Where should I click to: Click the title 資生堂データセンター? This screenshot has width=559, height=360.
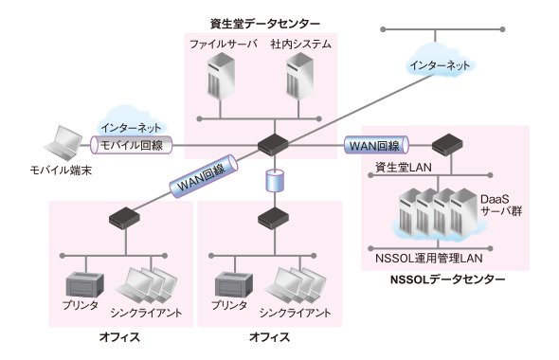click(x=265, y=24)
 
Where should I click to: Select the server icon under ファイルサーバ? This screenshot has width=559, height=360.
click(x=222, y=76)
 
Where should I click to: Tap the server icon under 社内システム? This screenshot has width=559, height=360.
click(x=300, y=76)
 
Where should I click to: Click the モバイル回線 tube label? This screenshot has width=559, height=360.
click(x=132, y=145)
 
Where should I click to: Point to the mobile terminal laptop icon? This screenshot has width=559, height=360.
click(x=63, y=142)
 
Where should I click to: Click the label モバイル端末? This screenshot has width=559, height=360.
click(x=61, y=170)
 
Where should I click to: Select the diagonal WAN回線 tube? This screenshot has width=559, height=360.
click(x=203, y=175)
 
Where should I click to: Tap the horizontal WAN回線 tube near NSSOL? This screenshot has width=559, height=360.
click(x=376, y=145)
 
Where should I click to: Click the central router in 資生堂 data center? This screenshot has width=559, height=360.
click(x=273, y=144)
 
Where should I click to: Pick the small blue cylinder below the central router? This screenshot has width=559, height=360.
click(x=275, y=181)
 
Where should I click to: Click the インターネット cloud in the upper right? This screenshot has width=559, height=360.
click(x=440, y=64)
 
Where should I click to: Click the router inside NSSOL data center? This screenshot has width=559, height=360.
click(x=447, y=144)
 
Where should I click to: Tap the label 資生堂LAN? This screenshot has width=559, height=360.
click(x=404, y=167)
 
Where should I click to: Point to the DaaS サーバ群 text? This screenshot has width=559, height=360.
click(x=501, y=205)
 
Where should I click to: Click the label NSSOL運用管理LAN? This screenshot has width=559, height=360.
click(x=429, y=258)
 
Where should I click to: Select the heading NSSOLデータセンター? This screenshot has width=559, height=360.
click(x=447, y=279)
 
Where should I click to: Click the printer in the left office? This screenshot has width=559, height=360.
click(x=85, y=285)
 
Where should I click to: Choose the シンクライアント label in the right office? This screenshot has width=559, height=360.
click(x=296, y=313)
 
